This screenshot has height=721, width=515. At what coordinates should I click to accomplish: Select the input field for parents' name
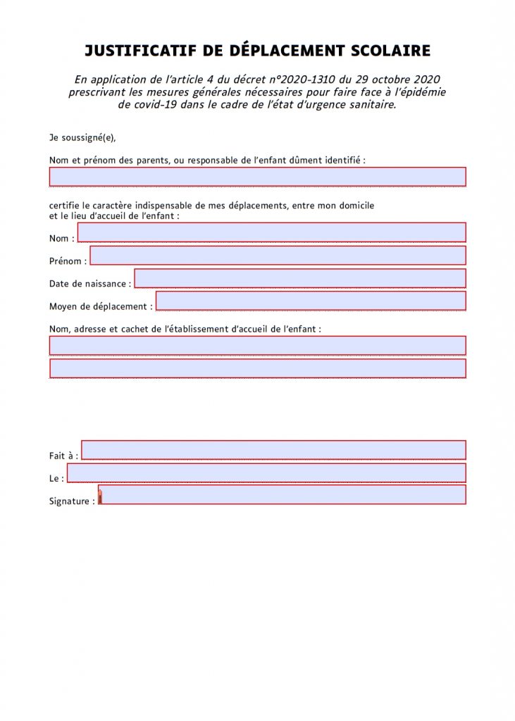click(x=257, y=177)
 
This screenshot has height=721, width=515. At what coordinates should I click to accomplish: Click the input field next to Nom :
click(x=271, y=232)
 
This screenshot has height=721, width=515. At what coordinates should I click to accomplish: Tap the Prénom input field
click(x=278, y=256)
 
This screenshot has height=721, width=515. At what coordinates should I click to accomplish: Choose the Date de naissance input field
click(x=300, y=279)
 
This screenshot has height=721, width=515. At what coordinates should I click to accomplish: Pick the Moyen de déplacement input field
click(x=311, y=301)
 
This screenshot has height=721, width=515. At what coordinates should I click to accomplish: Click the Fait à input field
click(x=273, y=450)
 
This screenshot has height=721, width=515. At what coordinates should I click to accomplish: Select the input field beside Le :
click(x=266, y=472)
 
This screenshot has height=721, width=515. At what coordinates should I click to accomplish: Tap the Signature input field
click(x=282, y=495)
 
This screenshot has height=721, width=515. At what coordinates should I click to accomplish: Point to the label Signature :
click(x=72, y=501)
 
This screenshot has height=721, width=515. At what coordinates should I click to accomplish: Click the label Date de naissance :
click(x=90, y=284)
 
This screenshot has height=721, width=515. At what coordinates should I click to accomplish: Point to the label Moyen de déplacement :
click(x=101, y=306)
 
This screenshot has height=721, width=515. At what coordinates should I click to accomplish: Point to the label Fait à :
click(x=63, y=456)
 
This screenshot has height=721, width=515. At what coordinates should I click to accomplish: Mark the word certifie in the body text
click(x=65, y=206)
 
